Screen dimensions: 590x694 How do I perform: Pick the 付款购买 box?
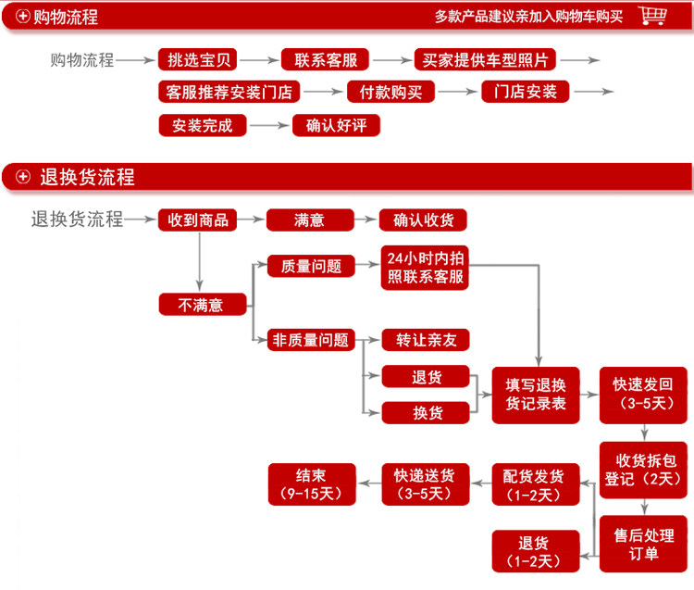[x=390, y=92]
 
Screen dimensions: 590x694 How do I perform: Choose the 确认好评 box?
[x=336, y=125]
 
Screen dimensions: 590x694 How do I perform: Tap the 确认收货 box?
[x=423, y=220]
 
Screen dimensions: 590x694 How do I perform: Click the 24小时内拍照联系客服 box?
[x=423, y=268]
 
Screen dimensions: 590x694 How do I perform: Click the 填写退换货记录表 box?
[x=536, y=395]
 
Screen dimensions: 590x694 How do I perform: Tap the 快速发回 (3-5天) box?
[x=642, y=395]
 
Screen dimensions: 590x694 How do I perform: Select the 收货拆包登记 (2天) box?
[x=642, y=469]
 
